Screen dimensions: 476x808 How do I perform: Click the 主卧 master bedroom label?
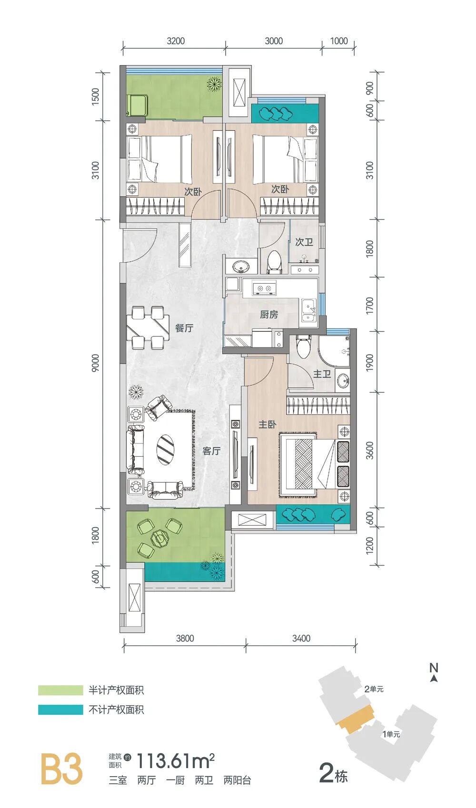click(x=267, y=424)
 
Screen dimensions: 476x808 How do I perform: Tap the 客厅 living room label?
click(x=211, y=451)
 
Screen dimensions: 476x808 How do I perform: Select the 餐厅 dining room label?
click(x=184, y=328)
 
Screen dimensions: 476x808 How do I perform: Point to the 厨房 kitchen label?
click(x=269, y=315)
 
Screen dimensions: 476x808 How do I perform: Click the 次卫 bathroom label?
click(x=304, y=241)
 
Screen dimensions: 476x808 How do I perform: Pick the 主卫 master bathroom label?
click(x=322, y=374)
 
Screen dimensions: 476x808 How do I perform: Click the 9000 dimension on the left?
click(x=95, y=364)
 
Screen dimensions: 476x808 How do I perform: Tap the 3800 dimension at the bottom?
click(x=185, y=638)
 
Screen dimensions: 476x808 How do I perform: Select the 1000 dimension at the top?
click(x=339, y=41)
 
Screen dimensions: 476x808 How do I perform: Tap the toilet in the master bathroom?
click(x=303, y=346)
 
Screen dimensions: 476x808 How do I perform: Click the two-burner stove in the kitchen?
click(x=263, y=288)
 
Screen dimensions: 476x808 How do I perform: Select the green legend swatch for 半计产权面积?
click(x=60, y=691)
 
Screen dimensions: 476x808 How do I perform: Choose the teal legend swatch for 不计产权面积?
click(x=60, y=710)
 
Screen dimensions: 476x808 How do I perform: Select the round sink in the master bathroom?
click(x=343, y=380)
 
